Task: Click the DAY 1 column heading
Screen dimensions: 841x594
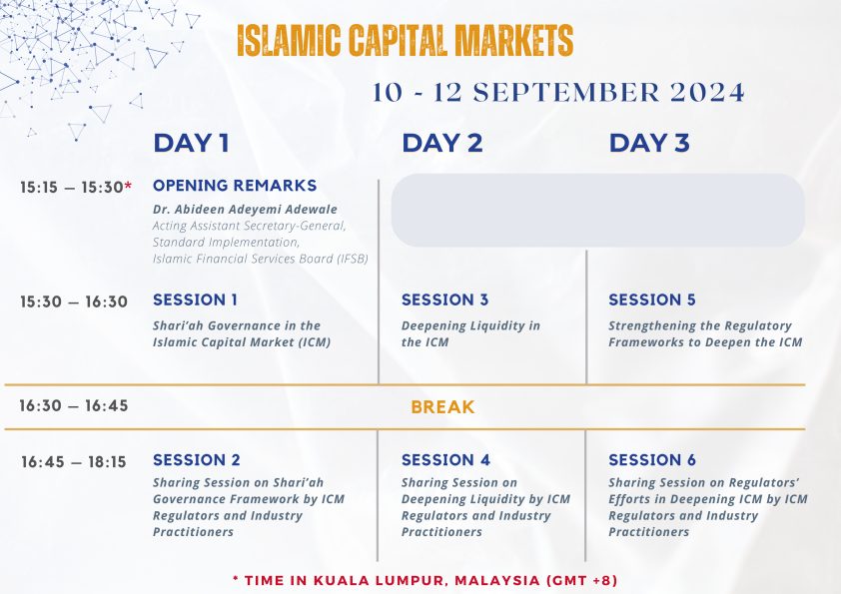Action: point(192,143)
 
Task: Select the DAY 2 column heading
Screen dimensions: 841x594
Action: point(442,143)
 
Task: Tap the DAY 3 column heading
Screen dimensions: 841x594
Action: point(649,143)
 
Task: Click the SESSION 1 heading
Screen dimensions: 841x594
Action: point(195,299)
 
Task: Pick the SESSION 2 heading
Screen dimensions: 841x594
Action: point(197,460)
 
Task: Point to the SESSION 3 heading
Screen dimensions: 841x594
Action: point(445,299)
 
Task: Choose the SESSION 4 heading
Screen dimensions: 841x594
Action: point(445,460)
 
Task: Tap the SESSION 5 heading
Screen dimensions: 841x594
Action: point(651,299)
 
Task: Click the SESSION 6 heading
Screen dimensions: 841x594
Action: point(651,460)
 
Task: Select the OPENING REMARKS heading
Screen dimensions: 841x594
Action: point(235,186)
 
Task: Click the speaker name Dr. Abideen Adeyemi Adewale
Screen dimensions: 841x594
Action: point(245,209)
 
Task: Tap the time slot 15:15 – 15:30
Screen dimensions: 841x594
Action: point(72,187)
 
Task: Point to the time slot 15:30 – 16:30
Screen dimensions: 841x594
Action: point(74,301)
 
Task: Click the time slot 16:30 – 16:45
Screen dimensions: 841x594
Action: point(74,406)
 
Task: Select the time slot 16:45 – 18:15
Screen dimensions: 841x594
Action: point(74,462)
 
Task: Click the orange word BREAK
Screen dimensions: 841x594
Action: point(442,407)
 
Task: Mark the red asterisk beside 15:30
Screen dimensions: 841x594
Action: point(128,185)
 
